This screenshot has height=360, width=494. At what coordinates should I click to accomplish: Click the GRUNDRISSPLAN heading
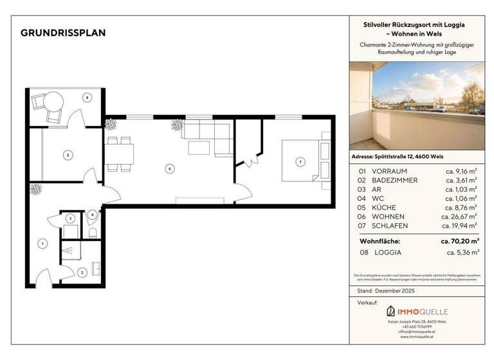[x=63, y=33]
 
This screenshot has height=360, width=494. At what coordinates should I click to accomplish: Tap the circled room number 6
[x=169, y=169]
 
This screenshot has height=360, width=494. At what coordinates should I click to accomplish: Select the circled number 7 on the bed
[x=300, y=161]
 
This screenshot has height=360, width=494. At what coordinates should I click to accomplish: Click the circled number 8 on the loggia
[x=86, y=97]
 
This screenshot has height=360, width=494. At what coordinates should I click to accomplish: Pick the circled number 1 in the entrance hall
[x=42, y=243]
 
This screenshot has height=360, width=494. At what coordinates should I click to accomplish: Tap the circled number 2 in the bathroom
[x=82, y=273]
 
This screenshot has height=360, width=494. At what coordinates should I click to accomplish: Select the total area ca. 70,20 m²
[x=459, y=241]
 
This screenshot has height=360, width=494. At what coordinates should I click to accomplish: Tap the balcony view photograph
[x=418, y=105]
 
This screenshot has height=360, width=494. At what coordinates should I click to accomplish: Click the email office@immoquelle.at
[x=418, y=331]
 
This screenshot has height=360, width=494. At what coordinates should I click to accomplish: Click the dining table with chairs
[x=121, y=154]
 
